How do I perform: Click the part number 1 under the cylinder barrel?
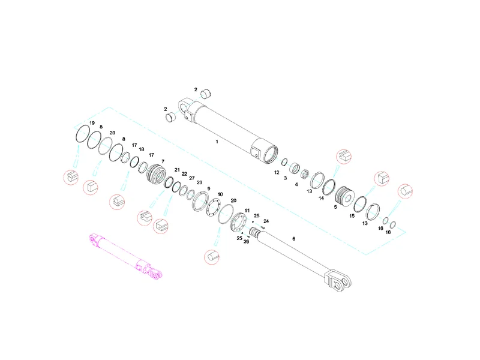(217, 142)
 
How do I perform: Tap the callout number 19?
(92, 123)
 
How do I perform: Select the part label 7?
(163, 161)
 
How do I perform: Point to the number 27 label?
(192, 178)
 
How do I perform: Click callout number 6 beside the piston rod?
(294, 238)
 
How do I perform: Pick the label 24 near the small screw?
(266, 221)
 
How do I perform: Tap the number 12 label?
(277, 172)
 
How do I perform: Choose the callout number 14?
(321, 198)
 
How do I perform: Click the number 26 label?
(247, 242)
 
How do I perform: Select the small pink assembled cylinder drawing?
(125, 257)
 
